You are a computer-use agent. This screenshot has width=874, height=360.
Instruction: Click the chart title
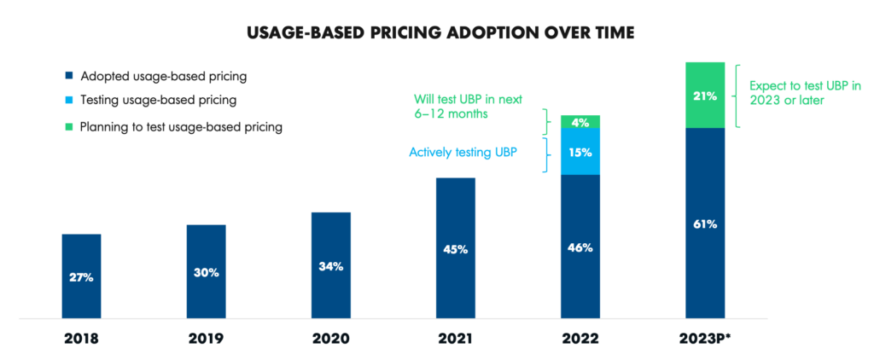(x=436, y=33)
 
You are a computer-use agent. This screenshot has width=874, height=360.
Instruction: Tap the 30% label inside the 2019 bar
(x=206, y=273)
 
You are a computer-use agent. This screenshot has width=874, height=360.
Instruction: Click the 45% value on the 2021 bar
(x=456, y=249)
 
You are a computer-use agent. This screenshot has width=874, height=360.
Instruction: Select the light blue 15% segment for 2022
(x=580, y=151)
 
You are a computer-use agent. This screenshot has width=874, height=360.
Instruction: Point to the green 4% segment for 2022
(x=580, y=122)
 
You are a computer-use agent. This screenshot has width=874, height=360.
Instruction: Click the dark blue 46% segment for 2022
(x=580, y=247)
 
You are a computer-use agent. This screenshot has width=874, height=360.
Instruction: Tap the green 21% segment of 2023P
(x=705, y=95)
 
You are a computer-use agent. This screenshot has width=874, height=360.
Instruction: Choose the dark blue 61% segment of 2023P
(x=705, y=224)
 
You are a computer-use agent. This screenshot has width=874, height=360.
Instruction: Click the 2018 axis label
(x=82, y=338)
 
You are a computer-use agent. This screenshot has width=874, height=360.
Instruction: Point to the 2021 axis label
(x=456, y=338)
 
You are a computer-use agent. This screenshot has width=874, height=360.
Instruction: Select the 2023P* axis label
(x=705, y=338)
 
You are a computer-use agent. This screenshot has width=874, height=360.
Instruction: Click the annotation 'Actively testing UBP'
(x=463, y=152)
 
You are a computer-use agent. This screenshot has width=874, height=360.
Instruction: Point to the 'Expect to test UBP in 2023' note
(x=805, y=93)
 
